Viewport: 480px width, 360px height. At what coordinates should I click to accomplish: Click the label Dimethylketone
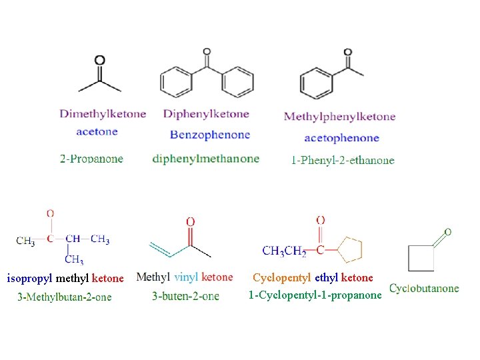[103, 114]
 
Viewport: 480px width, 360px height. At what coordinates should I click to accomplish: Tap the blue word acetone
[97, 131]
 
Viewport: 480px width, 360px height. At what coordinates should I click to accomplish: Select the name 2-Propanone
[91, 159]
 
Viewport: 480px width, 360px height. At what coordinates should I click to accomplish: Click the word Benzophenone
[210, 135]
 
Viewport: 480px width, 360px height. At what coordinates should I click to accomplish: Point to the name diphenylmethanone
[206, 159]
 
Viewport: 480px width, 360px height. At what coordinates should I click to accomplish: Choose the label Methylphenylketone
[339, 117]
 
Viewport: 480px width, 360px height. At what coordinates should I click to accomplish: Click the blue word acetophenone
[341, 138]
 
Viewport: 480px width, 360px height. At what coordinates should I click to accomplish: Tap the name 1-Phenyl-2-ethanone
[343, 160]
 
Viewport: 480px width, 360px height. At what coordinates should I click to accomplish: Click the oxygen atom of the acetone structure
[99, 60]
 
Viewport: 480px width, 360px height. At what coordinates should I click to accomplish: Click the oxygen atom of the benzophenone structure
[207, 51]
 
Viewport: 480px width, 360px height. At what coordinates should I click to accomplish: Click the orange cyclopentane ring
[350, 249]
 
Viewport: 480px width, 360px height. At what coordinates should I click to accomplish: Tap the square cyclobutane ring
[421, 258]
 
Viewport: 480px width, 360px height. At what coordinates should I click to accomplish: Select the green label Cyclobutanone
[424, 289]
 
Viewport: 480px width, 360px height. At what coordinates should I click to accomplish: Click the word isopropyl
[29, 278]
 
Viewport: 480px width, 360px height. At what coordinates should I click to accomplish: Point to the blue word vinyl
[187, 277]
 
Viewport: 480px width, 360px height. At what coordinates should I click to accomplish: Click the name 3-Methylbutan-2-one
[65, 297]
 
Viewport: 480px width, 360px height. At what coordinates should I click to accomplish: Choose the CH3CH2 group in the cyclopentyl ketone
[284, 251]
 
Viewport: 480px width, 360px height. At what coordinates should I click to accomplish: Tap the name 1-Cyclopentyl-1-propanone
[315, 295]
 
